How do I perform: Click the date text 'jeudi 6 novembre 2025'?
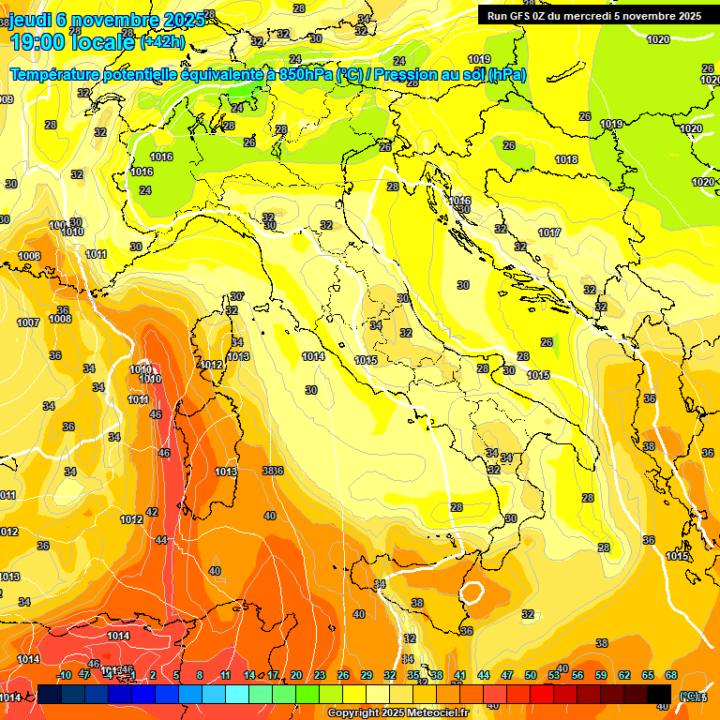pyautogui.click(x=102, y=20)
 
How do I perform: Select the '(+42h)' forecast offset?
pyautogui.click(x=162, y=43)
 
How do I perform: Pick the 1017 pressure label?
pyautogui.click(x=549, y=232)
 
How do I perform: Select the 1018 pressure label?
pyautogui.click(x=566, y=160)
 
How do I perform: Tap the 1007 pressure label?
pyautogui.click(x=28, y=322)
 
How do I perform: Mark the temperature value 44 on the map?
pyautogui.click(x=161, y=540)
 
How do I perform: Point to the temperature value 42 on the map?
pyautogui.click(x=152, y=513)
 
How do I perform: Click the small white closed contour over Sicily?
pyautogui.click(x=472, y=592)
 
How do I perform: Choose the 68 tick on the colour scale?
pyautogui.click(x=671, y=674)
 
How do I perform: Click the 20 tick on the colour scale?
pyautogui.click(x=296, y=674)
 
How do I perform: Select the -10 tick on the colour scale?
pyautogui.click(x=65, y=674)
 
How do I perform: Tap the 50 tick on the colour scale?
pyautogui.click(x=531, y=674)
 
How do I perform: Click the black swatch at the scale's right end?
pyautogui.click(x=659, y=694)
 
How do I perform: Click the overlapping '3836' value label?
pyautogui.click(x=272, y=471)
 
